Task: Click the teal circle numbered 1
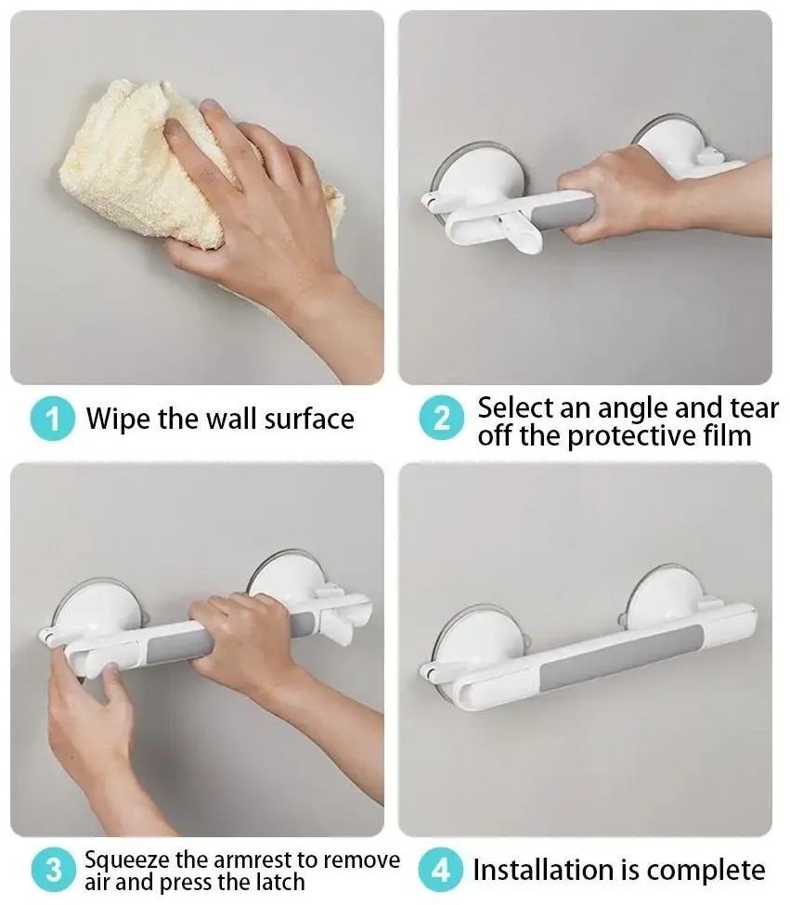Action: click(x=53, y=419)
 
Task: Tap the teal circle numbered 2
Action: click(x=442, y=418)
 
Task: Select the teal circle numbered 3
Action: click(x=53, y=870)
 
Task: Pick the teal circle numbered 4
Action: click(x=440, y=870)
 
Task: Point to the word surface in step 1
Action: click(x=309, y=420)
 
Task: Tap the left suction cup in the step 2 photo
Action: click(x=476, y=180)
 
